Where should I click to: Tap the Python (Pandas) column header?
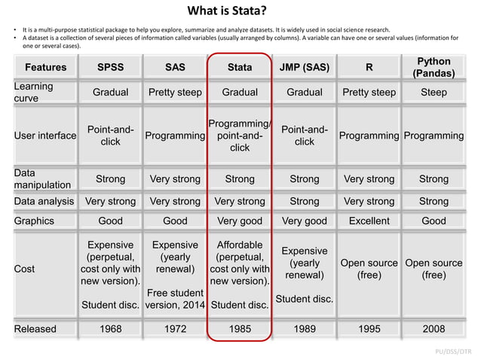pos(434,67)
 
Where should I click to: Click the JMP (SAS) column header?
pos(304,67)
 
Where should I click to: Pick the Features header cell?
pos(45,67)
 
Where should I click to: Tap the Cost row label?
pos(26,269)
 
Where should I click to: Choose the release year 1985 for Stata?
pos(240,328)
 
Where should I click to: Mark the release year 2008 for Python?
pos(434,328)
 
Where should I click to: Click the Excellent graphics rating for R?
pos(369,221)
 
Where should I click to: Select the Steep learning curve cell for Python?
pos(434,93)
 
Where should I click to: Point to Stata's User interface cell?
pos(240,136)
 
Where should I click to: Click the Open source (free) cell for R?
pos(369,269)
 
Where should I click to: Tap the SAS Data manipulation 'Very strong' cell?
pos(175,179)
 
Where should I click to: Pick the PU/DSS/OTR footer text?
pos(455,351)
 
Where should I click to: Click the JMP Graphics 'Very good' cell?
pos(304,221)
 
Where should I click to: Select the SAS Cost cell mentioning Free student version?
pos(175,298)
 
